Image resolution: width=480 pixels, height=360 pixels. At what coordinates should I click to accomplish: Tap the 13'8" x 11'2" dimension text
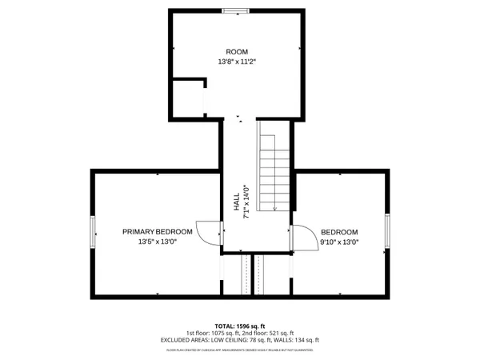(x=237, y=62)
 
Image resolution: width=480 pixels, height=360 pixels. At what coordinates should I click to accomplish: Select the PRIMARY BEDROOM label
(x=157, y=231)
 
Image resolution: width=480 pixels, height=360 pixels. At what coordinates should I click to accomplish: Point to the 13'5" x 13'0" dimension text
(x=157, y=241)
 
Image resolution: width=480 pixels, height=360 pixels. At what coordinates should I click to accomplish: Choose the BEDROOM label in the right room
(x=339, y=231)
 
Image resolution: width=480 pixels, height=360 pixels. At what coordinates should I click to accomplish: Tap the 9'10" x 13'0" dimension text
(x=339, y=241)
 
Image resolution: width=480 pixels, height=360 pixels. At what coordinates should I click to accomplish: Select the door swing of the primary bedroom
(x=209, y=234)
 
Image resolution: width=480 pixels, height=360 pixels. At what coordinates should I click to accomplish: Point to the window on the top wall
(x=235, y=10)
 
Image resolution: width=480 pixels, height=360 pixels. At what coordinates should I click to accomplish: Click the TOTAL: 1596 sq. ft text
(x=239, y=326)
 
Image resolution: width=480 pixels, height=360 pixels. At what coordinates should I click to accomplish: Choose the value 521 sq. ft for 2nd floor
(x=279, y=333)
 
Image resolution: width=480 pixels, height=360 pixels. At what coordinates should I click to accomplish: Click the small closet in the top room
(x=189, y=96)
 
